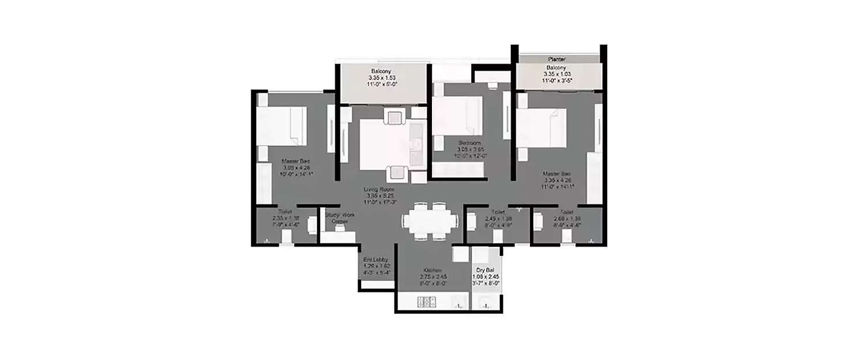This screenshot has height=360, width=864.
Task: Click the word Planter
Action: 557,59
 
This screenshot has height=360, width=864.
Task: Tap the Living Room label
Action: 378,189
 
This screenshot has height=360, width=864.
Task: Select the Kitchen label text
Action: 433,270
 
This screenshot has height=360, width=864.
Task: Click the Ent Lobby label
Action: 377,260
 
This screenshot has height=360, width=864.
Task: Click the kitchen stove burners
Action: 427,302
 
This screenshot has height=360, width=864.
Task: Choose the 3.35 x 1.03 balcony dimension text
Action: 557,74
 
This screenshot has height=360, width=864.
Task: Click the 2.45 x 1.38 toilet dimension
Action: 499,218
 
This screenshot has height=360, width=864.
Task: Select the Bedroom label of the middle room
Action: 469,143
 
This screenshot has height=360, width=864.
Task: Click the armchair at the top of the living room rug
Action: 396,118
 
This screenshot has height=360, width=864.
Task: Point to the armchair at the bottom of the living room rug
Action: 396,172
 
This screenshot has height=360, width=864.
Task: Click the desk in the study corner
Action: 339,236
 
